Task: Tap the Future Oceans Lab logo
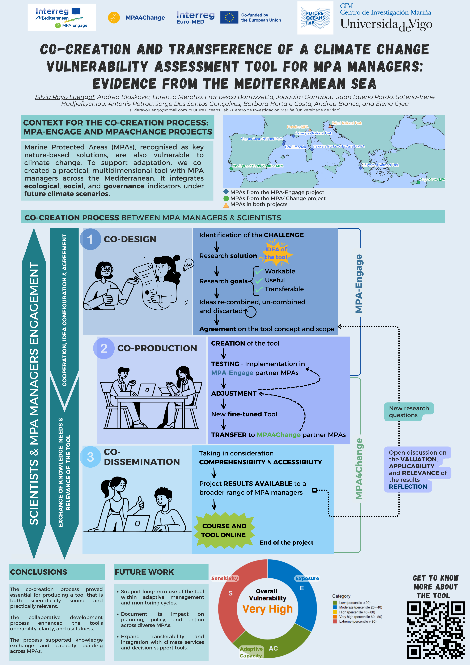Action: tap(315, 18)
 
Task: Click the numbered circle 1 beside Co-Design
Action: tap(90, 239)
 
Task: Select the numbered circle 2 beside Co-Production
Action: tap(104, 348)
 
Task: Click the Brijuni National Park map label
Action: tap(347, 123)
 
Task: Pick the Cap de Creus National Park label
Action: tap(261, 139)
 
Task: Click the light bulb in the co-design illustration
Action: tap(188, 264)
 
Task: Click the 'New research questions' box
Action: tap(408, 412)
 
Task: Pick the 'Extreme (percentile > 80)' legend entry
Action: tap(357, 621)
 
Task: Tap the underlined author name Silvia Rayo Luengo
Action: tap(65, 97)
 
